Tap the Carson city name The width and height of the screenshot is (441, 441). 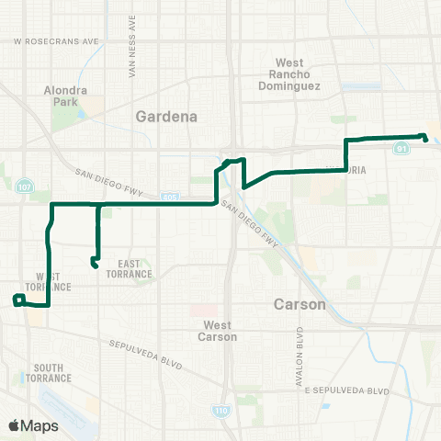(x=300, y=303)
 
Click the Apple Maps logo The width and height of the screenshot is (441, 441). (x=33, y=425)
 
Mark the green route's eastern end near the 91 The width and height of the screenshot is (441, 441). (x=425, y=139)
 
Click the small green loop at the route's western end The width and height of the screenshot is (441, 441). (x=17, y=299)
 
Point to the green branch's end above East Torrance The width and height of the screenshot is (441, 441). (x=95, y=265)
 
